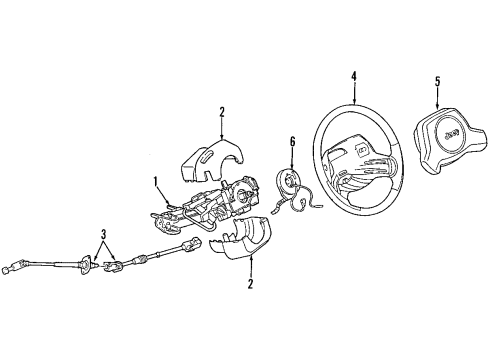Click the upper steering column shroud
(216, 157)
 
